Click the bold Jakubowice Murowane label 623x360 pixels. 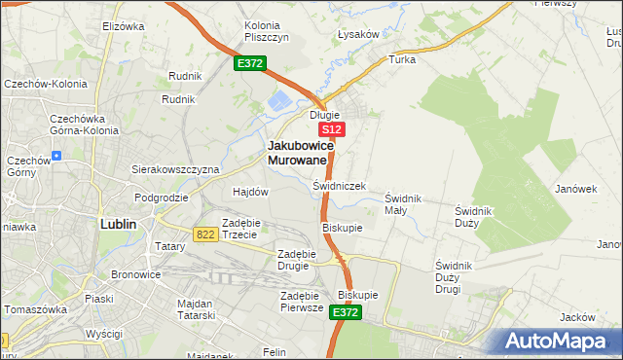(301, 152)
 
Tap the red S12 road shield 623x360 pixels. (332, 129)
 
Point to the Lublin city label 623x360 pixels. (118, 223)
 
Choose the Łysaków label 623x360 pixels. (356, 34)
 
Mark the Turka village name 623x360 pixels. (402, 59)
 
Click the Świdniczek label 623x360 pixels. (339, 185)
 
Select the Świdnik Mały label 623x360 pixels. (402, 204)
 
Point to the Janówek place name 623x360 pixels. (575, 189)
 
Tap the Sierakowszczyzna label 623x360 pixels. (175, 168)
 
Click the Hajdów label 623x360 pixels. (250, 192)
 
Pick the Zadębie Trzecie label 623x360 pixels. (239, 229)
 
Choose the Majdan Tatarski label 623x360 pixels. (202, 309)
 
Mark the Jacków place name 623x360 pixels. (577, 317)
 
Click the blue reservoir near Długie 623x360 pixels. (278, 99)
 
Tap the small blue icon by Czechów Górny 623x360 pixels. (56, 155)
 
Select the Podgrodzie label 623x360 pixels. (162, 197)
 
